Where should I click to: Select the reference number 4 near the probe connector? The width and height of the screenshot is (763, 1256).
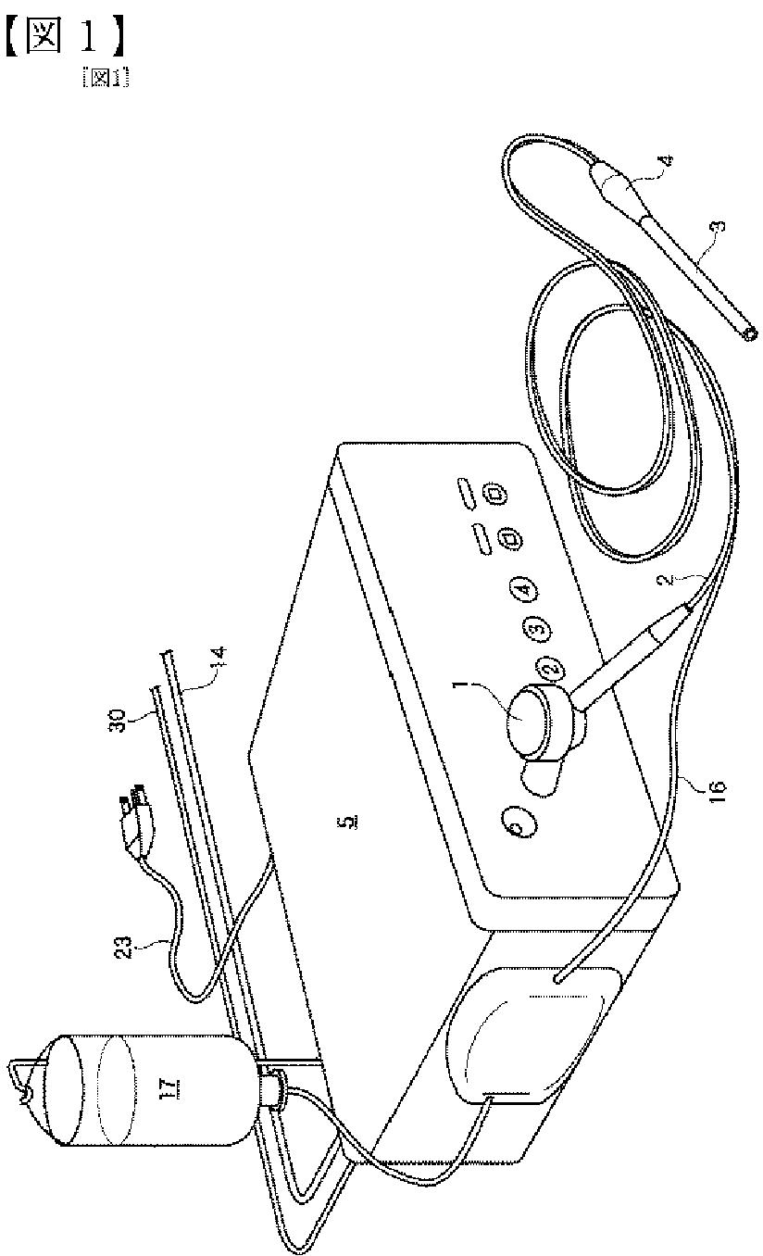coord(664,162)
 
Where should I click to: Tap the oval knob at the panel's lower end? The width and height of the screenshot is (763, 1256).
coord(515,822)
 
